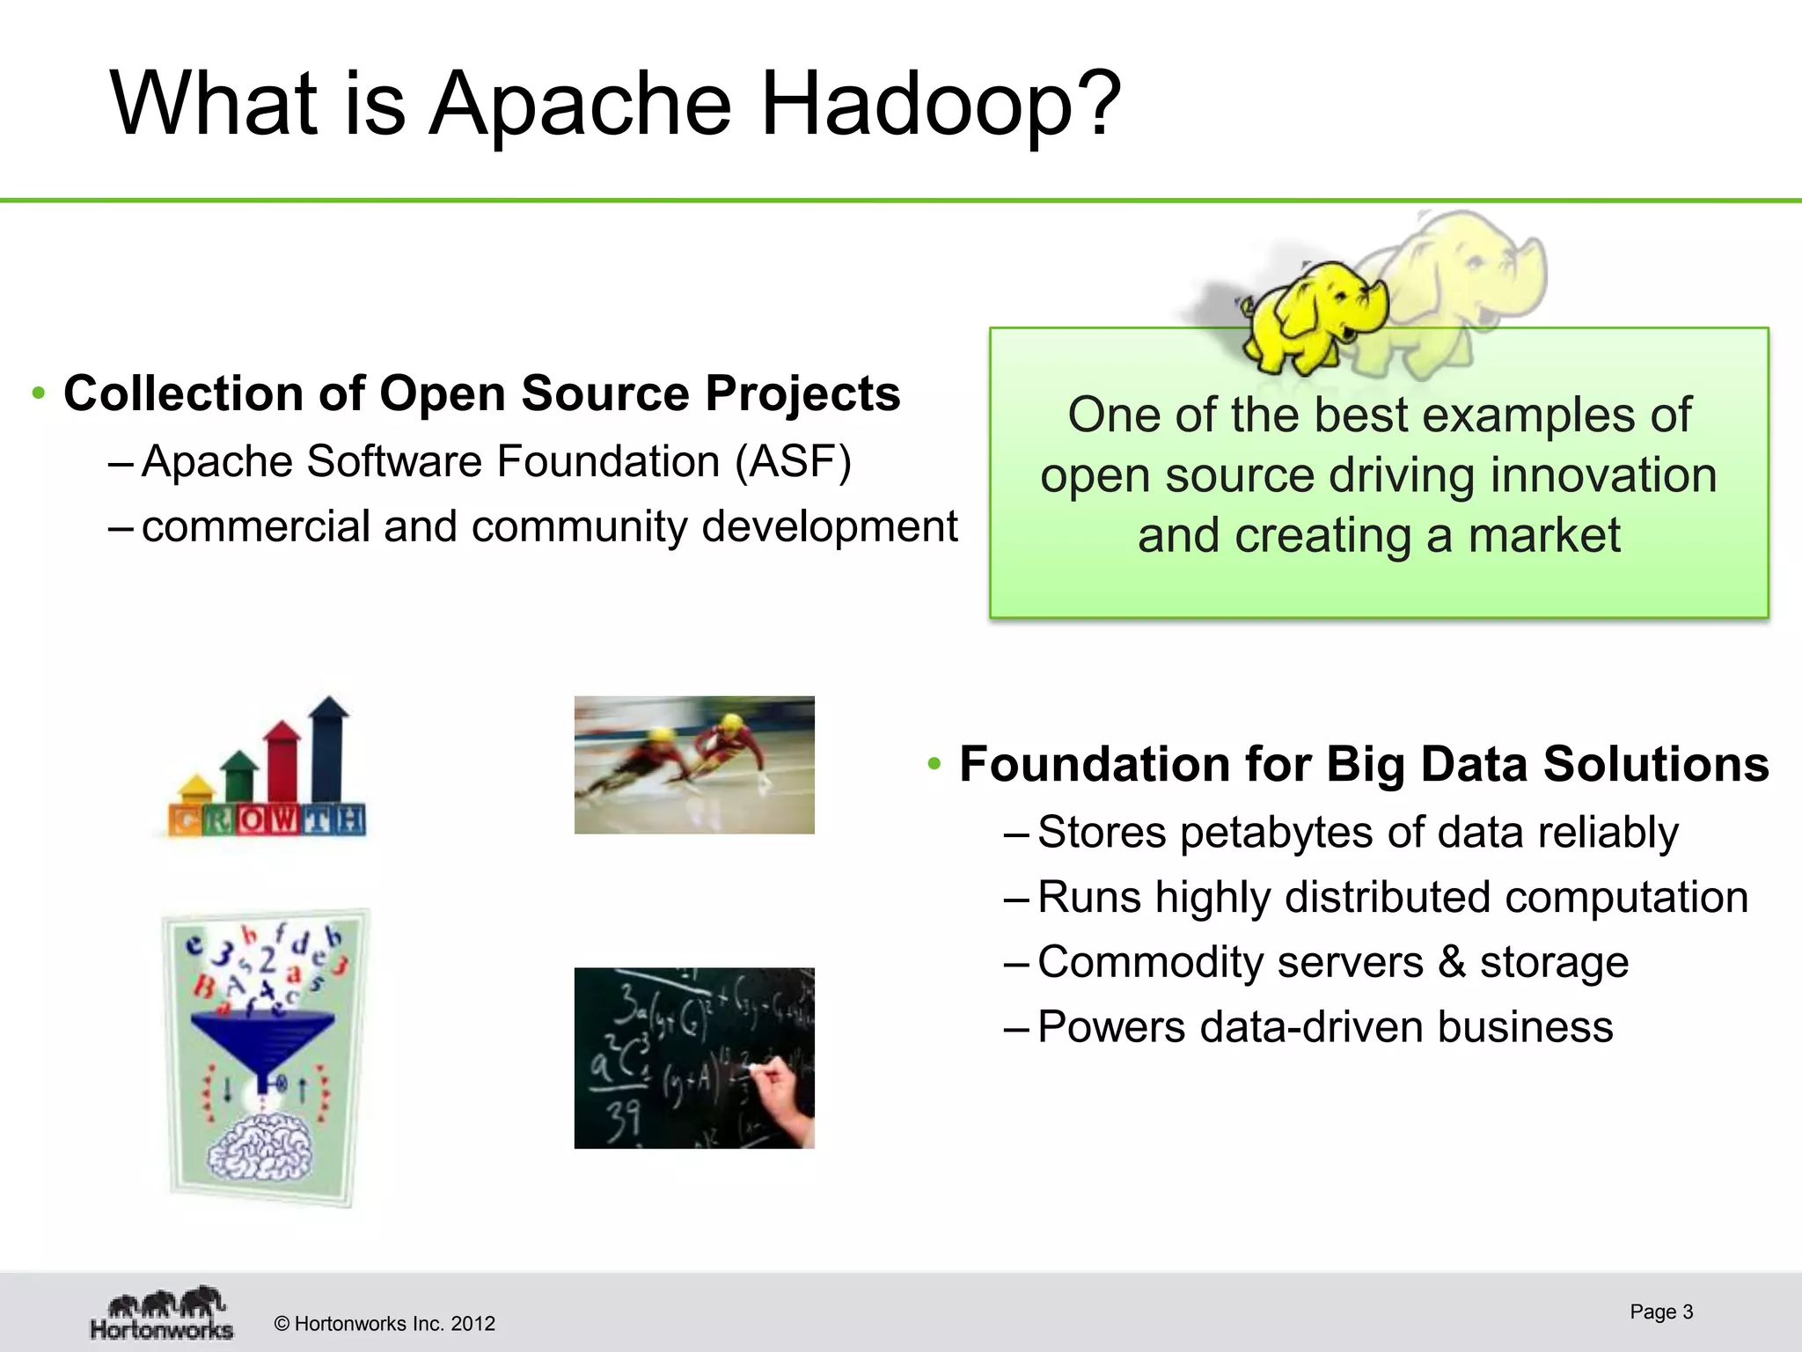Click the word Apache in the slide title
(581, 106)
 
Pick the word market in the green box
(1544, 535)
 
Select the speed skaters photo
(694, 764)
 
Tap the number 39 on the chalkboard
(623, 1119)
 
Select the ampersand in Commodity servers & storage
(1452, 961)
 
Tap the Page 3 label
(1661, 1312)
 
